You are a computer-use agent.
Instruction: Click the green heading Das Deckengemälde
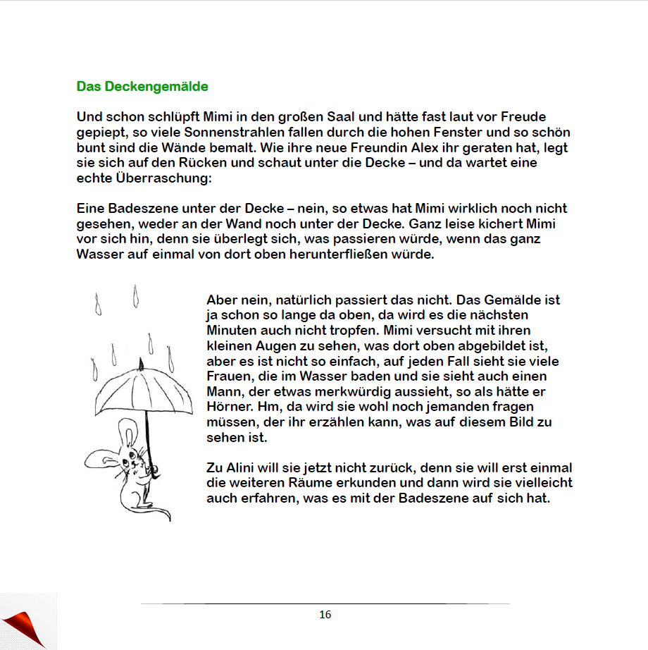[x=142, y=87]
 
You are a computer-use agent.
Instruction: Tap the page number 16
[x=325, y=615]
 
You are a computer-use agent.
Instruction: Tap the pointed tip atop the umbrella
[x=142, y=363]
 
